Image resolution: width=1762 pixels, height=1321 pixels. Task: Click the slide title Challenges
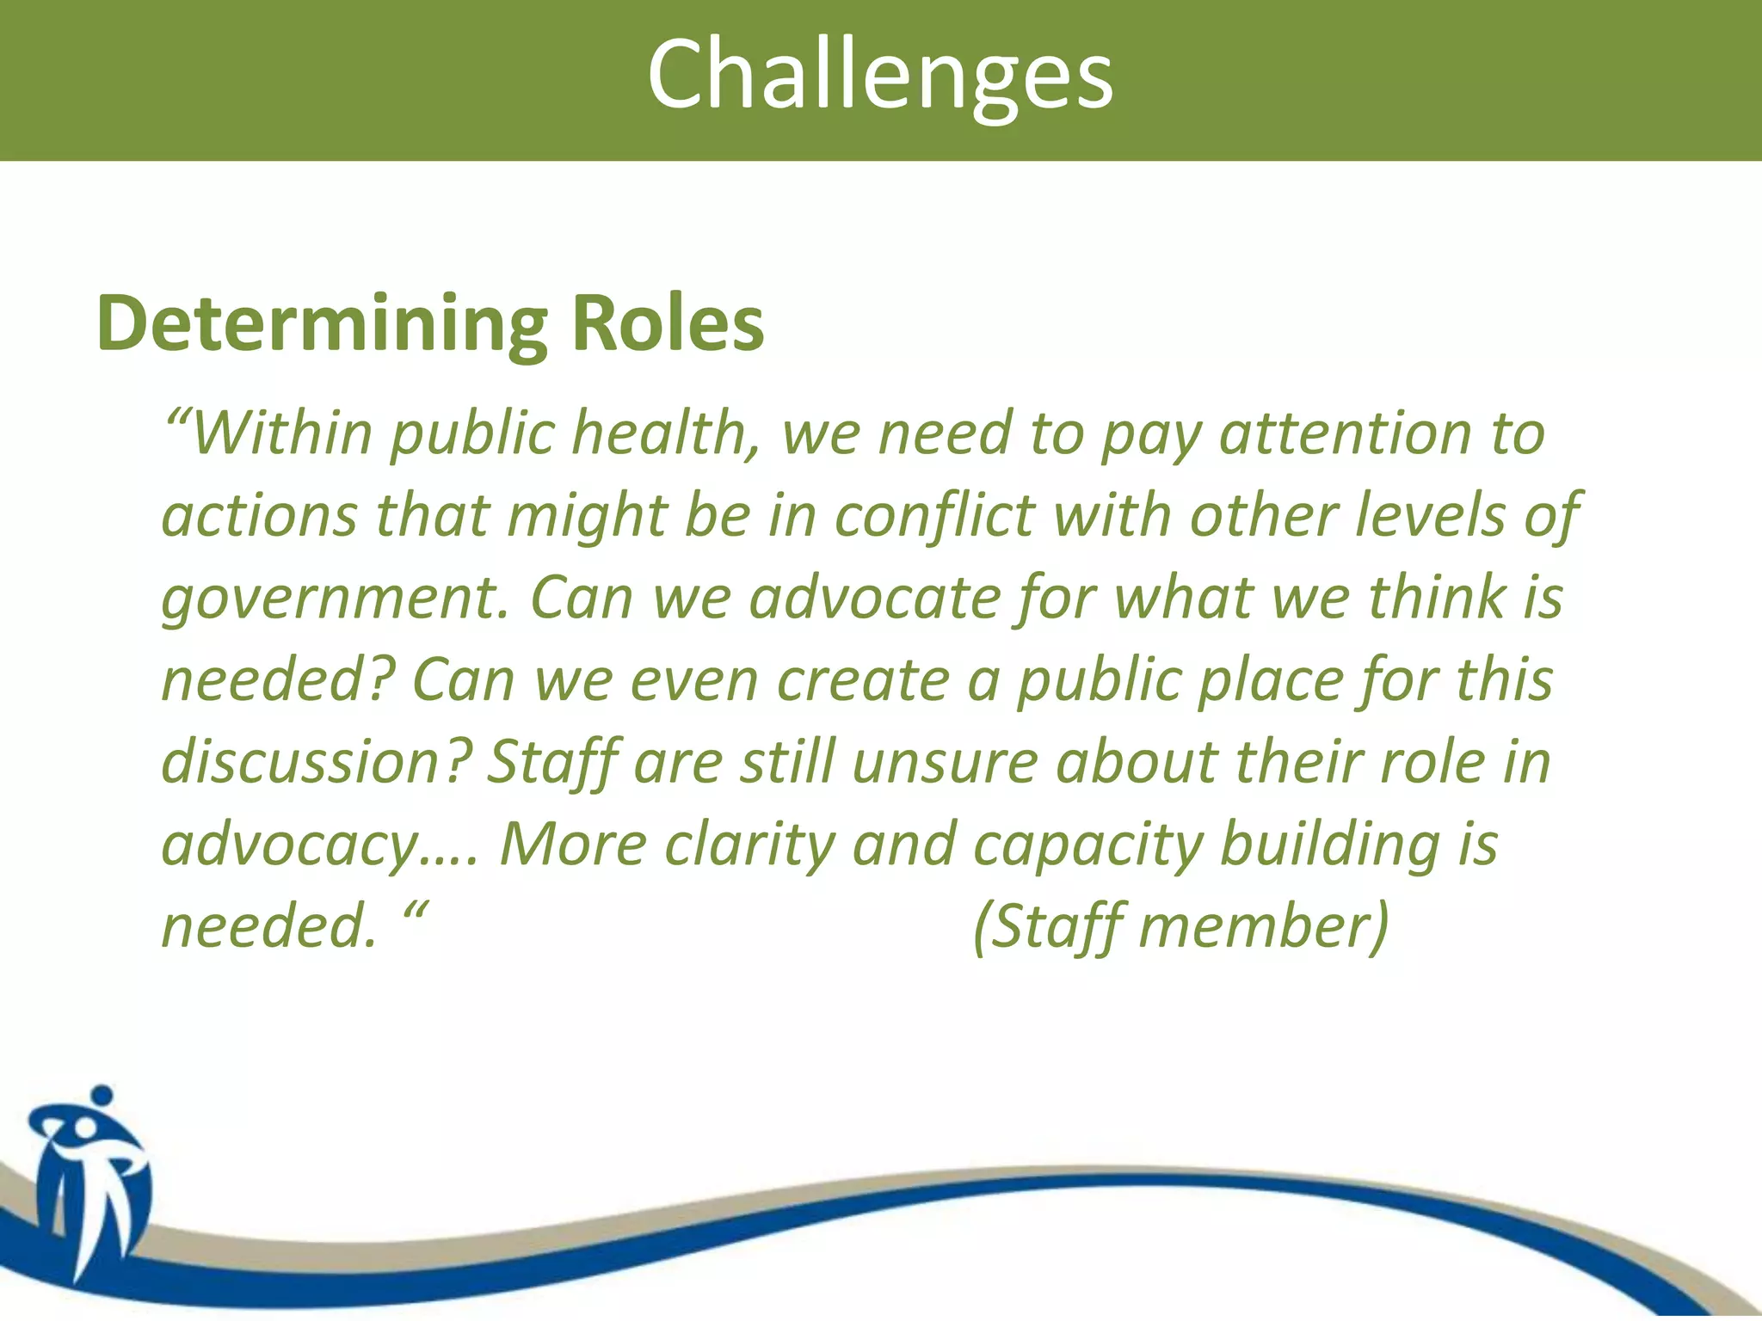[880, 76]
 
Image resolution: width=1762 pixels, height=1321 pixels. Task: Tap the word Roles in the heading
[668, 323]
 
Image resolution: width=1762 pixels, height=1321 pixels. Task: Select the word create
[863, 680]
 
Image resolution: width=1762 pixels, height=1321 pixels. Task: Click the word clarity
[749, 845]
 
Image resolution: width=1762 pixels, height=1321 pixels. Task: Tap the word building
[1330, 845]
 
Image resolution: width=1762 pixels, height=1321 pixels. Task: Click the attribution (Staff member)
[1180, 927]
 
